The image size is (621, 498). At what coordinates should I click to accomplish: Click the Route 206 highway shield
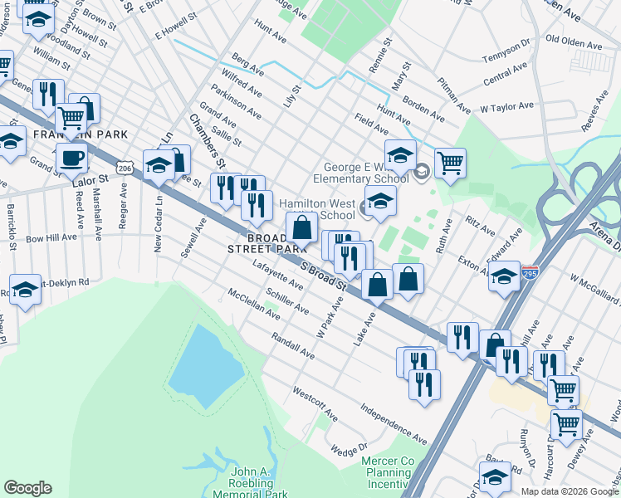tap(125, 168)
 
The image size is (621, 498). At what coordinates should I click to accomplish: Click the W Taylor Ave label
tap(506, 107)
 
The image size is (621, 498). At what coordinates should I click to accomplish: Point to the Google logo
tap(27, 488)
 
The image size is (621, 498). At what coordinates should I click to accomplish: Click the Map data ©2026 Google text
tap(570, 491)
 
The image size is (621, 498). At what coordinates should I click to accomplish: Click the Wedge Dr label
tap(349, 449)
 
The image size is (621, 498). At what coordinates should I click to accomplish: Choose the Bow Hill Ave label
tap(51, 237)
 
